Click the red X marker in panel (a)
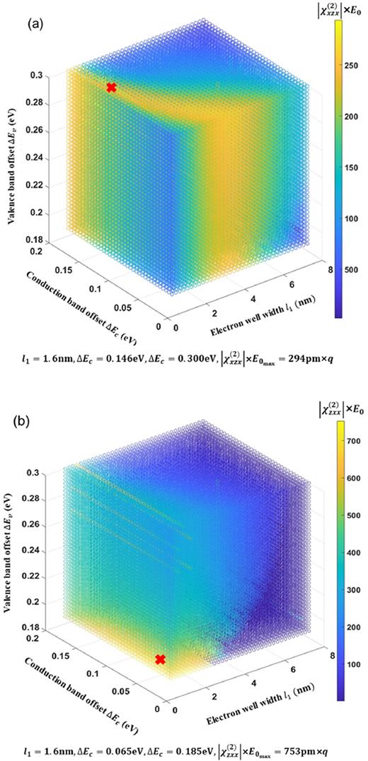[x=110, y=88]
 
